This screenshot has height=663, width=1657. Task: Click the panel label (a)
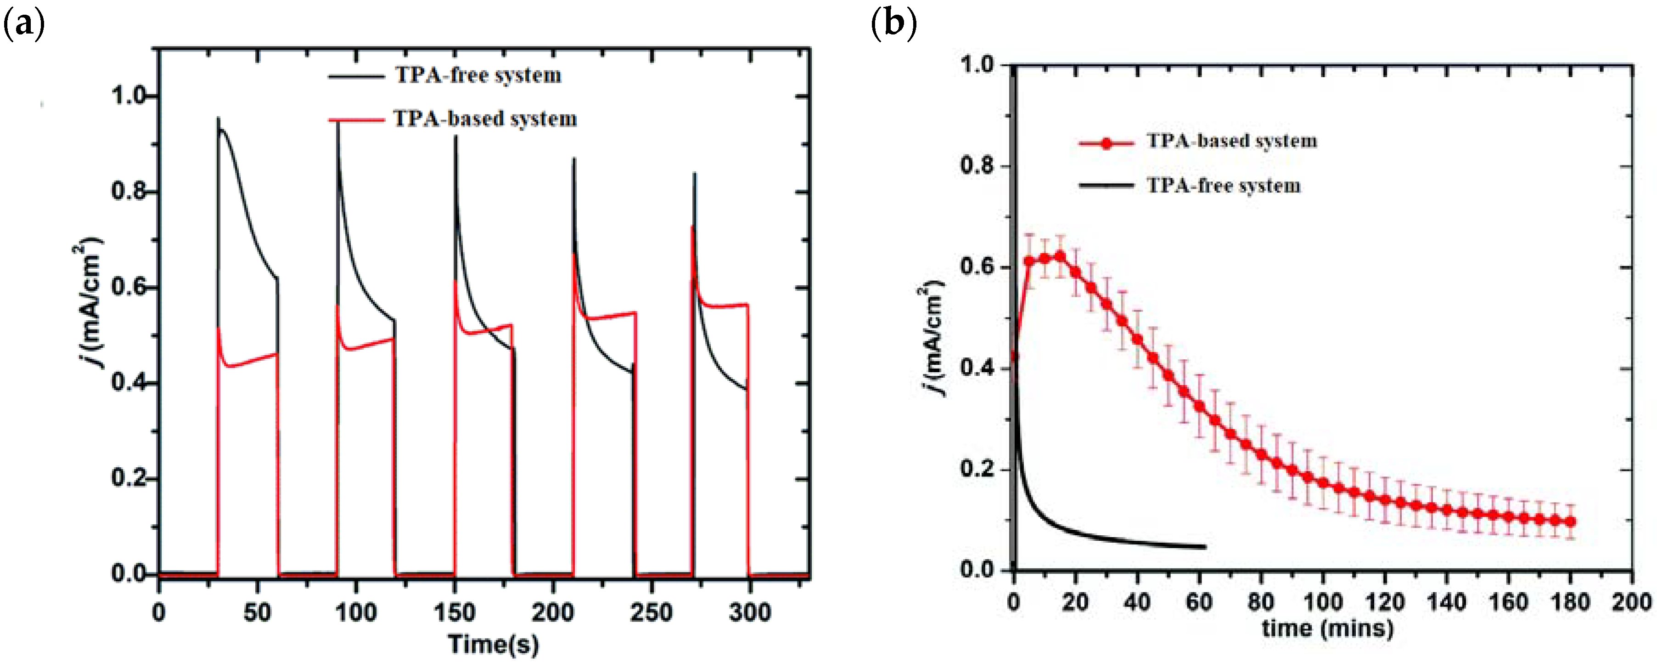pos(24,24)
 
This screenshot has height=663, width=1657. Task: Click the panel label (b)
pos(893,24)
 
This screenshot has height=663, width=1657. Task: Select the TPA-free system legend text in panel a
pos(478,75)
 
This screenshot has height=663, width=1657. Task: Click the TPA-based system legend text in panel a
pos(485,119)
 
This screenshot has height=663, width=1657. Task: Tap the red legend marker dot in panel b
pos(1106,143)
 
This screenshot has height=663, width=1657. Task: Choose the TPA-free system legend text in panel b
pos(1224,186)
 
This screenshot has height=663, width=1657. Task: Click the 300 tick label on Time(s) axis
pos(749,612)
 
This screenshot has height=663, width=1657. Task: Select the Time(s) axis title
pos(494,644)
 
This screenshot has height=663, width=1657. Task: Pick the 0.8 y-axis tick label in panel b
pos(977,166)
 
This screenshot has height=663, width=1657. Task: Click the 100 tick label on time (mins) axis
pos(1322,602)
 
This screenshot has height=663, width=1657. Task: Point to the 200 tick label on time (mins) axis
pos(1631,602)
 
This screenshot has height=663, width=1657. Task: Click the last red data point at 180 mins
pos(1570,521)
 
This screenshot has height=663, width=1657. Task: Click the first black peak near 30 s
pos(218,119)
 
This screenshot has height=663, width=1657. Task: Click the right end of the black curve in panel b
pos(1205,547)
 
